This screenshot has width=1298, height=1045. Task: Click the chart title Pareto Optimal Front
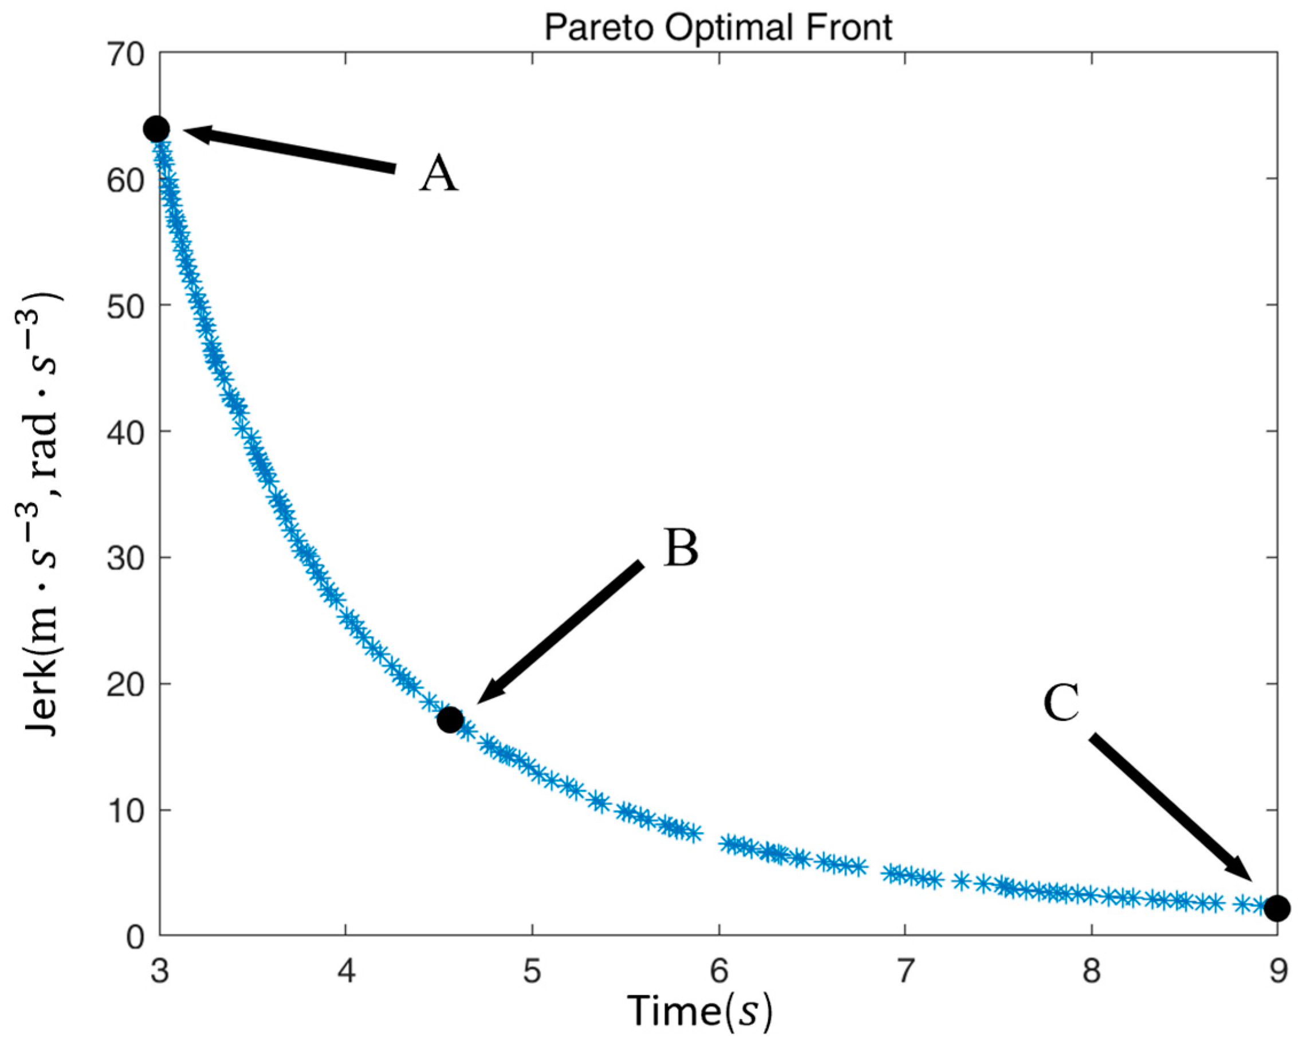point(718,28)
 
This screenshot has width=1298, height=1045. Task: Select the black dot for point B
point(450,719)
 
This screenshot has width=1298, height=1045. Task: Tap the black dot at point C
point(1276,925)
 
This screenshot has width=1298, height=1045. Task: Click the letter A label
point(438,174)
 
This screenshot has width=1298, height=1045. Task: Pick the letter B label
point(681,548)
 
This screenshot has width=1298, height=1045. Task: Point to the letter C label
point(1061,703)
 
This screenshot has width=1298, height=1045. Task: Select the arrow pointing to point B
point(560,632)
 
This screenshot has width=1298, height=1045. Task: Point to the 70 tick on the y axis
point(125,56)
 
